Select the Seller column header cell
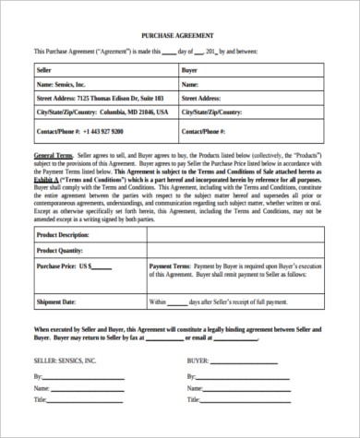click(44, 69)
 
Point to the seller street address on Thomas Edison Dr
click(100, 97)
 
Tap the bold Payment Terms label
click(171, 266)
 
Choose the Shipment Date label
click(56, 302)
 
